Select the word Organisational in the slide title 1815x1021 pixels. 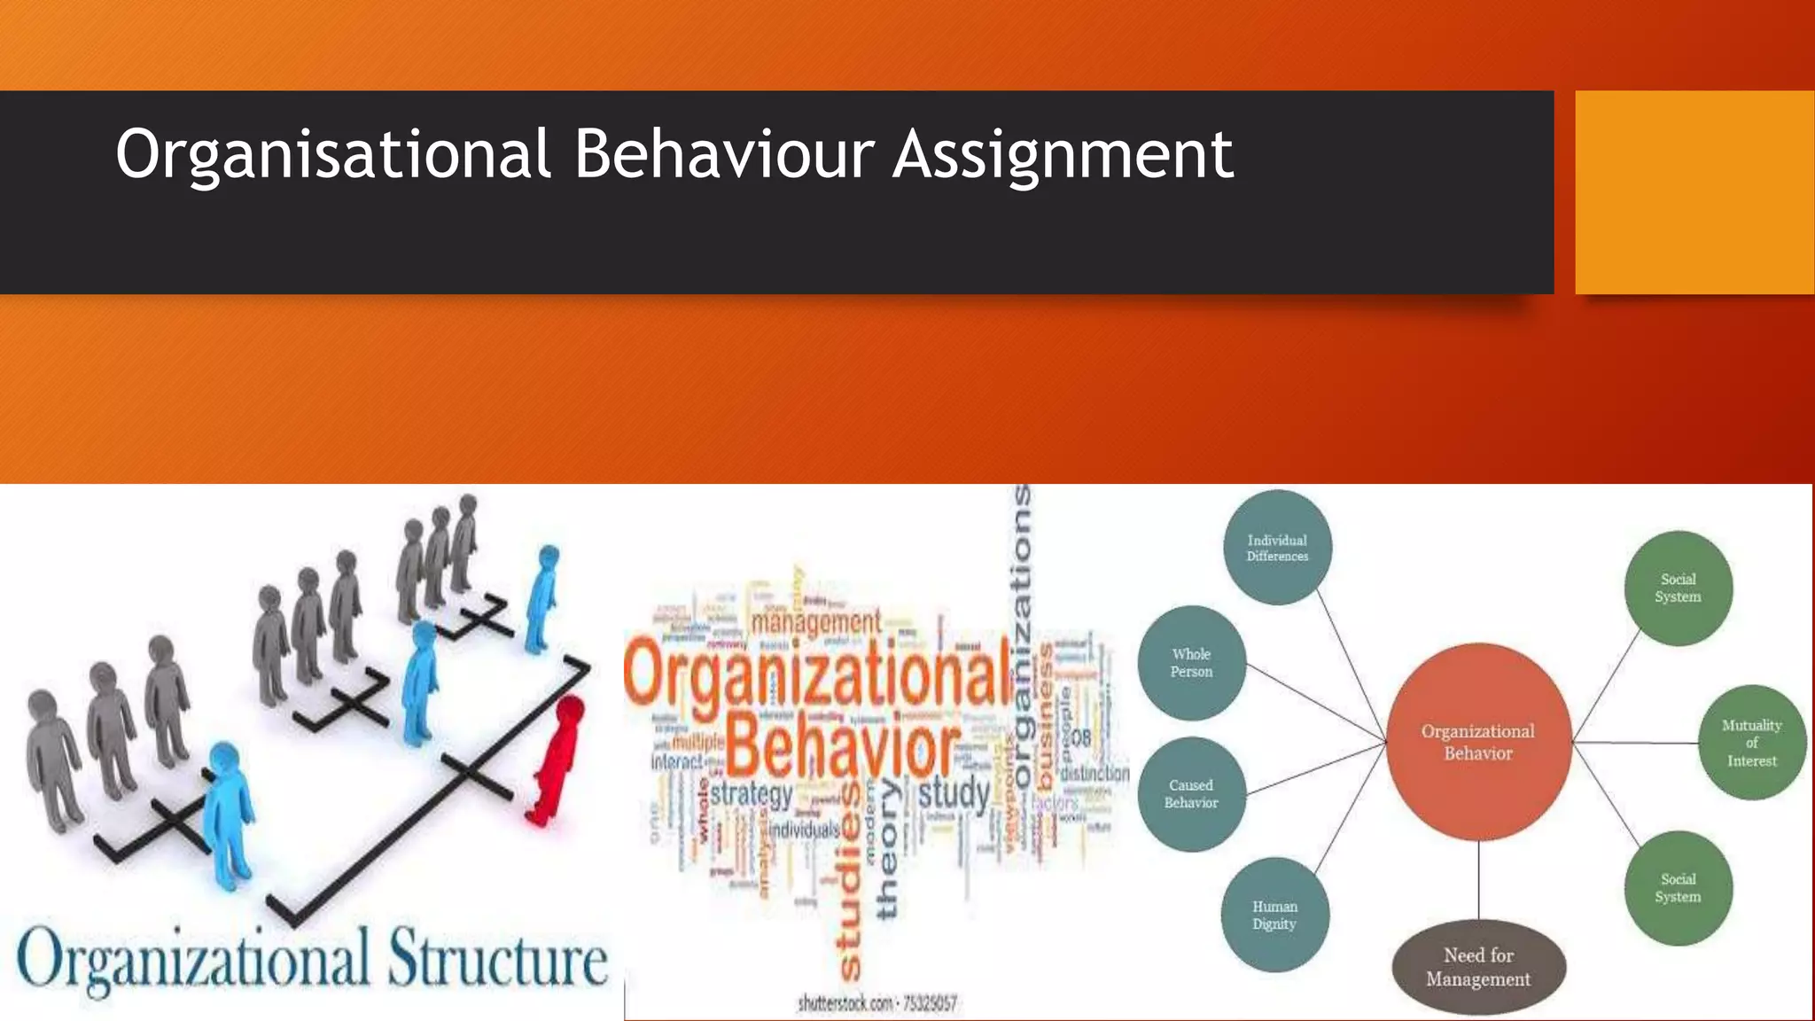(x=334, y=155)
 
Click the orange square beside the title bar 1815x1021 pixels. (x=1694, y=192)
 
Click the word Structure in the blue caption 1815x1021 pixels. (x=497, y=960)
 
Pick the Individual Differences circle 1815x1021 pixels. (x=1277, y=548)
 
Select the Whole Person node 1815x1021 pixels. (x=1191, y=663)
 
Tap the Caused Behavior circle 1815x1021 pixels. (x=1191, y=793)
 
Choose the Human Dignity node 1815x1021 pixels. (x=1274, y=915)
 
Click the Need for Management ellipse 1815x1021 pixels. (x=1477, y=967)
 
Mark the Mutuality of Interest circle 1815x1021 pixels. (x=1751, y=743)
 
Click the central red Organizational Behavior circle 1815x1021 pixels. (x=1478, y=742)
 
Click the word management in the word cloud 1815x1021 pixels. (x=816, y=623)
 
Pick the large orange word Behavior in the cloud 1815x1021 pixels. (x=843, y=747)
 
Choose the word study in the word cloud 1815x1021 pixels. (x=954, y=791)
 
